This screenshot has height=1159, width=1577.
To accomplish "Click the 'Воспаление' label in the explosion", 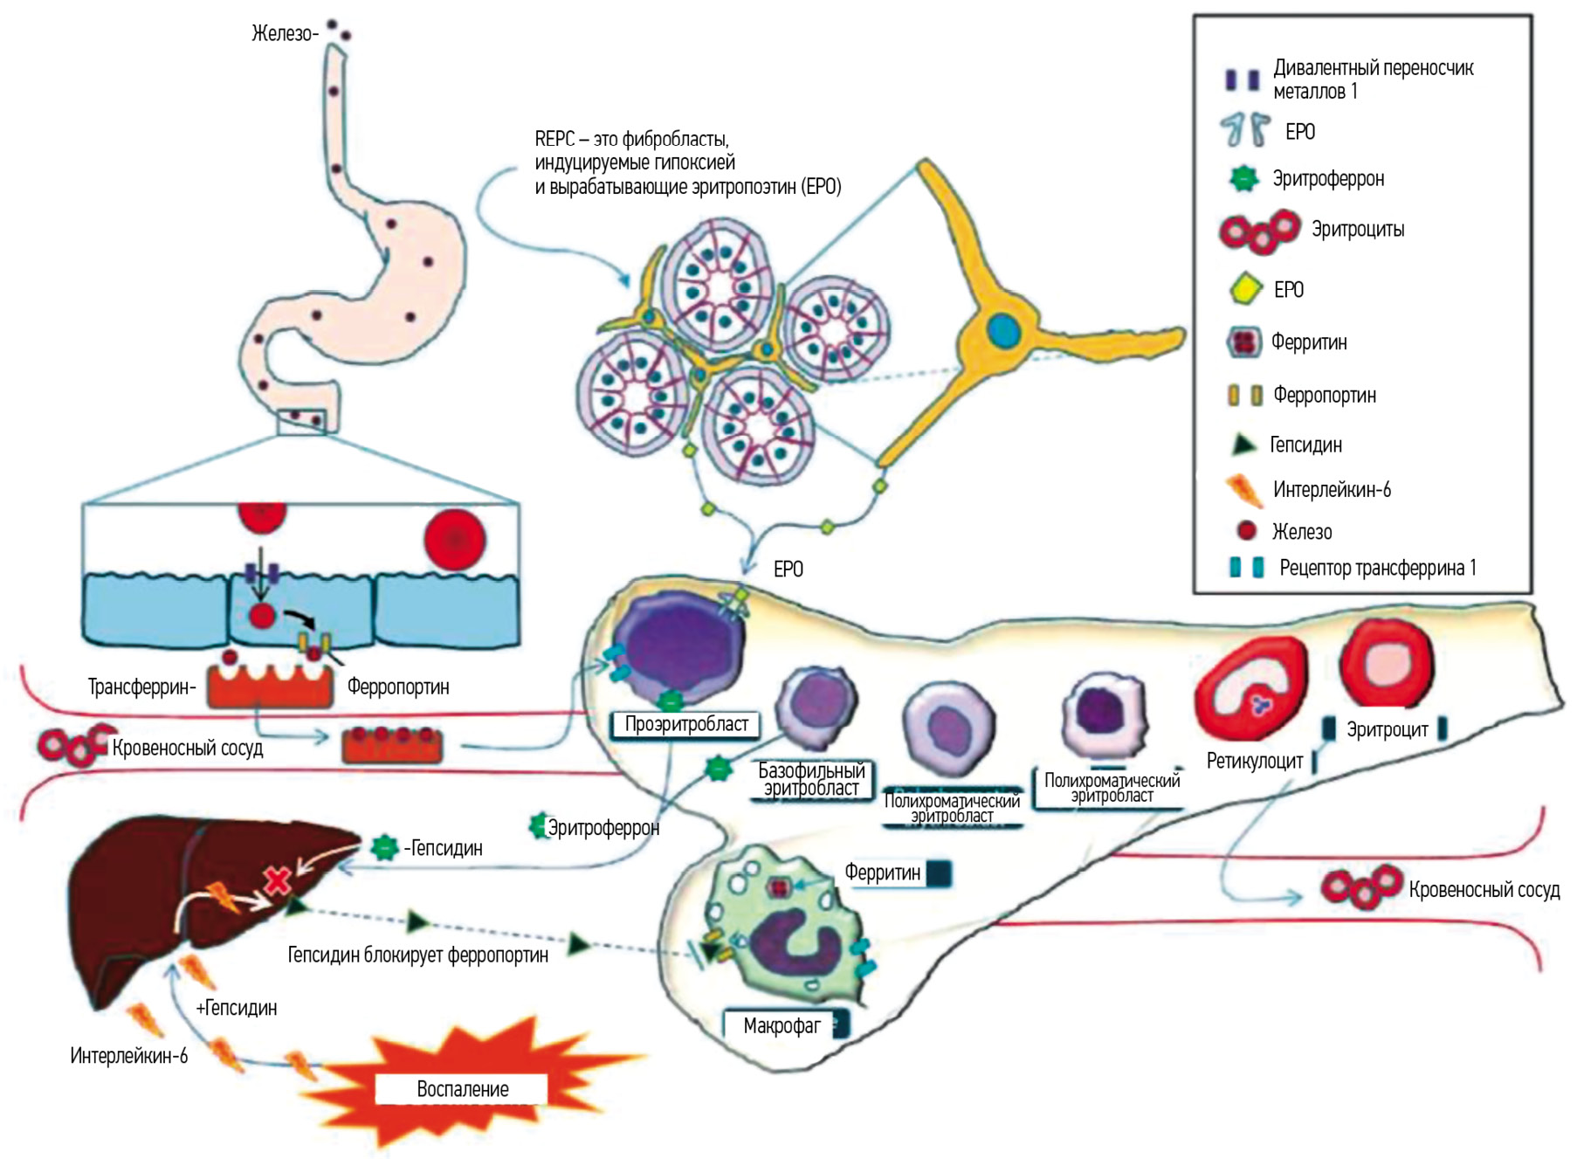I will [462, 1089].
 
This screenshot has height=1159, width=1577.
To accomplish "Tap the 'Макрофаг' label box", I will [782, 1025].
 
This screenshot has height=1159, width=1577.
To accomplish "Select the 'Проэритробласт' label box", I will [686, 724].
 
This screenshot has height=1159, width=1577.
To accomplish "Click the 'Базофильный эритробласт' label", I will [812, 779].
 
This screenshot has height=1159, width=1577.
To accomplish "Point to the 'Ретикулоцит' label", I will [1254, 761].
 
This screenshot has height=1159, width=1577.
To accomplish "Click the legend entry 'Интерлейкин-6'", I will [1331, 490].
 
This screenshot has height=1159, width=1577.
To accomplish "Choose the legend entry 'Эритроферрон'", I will [1327, 179].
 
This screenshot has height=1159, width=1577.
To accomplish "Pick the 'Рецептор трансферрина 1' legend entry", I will [1377, 568].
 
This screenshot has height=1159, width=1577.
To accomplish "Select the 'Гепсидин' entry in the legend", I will [1305, 445].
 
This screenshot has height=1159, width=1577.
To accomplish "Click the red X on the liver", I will [278, 880].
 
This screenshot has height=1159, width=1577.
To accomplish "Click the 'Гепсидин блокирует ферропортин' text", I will [417, 955].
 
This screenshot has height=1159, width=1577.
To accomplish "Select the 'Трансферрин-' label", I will [141, 687].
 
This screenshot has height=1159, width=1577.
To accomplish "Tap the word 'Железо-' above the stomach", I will [285, 34].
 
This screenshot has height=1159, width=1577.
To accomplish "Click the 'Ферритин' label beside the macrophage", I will [882, 873].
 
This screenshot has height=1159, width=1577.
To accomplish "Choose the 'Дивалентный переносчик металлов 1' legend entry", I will [1372, 79].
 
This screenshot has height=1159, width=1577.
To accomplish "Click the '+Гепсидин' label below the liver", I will [237, 1008].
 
